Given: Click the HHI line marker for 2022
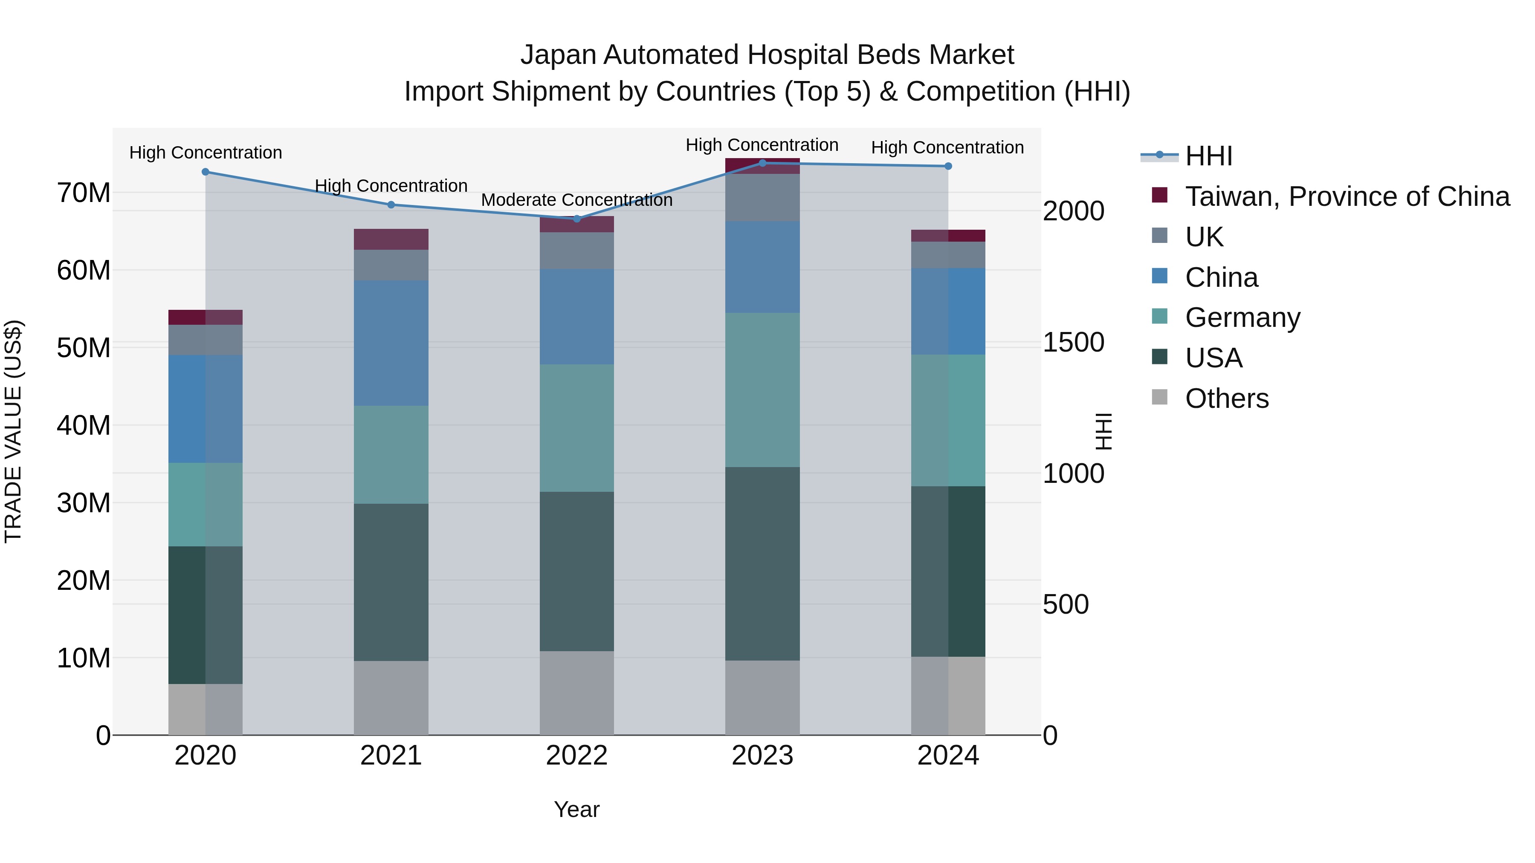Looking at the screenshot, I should coord(576,219).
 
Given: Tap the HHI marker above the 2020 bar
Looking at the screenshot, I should coord(206,171).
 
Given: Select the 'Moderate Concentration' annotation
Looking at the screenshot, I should coord(576,200).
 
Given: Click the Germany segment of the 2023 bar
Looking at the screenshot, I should coord(762,390).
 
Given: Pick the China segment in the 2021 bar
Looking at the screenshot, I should coord(391,343).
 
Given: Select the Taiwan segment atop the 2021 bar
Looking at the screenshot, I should coord(391,239).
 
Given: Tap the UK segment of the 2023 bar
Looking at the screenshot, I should coord(762,197).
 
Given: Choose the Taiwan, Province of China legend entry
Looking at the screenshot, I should coord(1347,196).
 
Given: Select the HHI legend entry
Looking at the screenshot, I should coord(1208,156).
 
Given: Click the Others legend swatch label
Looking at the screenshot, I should coord(1226,398).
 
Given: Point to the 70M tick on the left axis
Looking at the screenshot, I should coord(84,193).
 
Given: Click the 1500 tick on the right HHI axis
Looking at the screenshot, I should coord(1073,343).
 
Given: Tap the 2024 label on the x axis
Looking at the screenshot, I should coord(947,756).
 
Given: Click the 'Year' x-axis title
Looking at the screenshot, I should coord(576,809).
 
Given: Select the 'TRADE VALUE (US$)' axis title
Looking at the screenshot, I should coord(13,431).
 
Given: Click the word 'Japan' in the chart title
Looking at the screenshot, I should coord(557,55).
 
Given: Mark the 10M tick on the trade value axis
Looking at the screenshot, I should coord(84,658).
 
